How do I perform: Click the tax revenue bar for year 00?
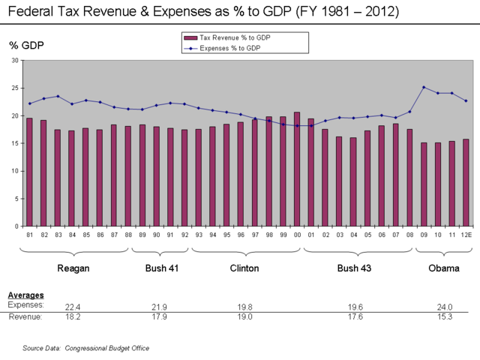[x=297, y=169]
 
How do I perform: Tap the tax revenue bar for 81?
[x=29, y=172]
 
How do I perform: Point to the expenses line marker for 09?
[x=424, y=87]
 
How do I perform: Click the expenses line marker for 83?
[x=58, y=96]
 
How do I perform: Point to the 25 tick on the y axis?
[x=14, y=88]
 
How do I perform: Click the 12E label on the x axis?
[x=466, y=235]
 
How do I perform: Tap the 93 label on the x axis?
[x=199, y=235]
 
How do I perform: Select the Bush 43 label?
[x=353, y=268]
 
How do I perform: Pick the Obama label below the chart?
[x=444, y=268]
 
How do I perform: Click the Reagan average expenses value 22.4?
[x=73, y=307]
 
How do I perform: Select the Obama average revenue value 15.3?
[x=445, y=317]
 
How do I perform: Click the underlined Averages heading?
[x=25, y=295]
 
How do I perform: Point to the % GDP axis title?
[x=26, y=46]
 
